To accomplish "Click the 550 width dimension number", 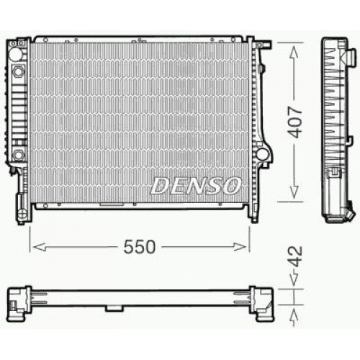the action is point(140,247).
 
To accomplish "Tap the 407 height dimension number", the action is point(294,122).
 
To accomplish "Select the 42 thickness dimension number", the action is point(295,256).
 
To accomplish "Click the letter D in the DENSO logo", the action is point(160,186).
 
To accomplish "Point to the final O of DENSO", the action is point(231,186).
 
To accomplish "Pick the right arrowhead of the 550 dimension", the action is point(240,247).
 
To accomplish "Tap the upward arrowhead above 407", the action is point(294,53).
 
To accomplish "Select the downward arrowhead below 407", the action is point(294,192).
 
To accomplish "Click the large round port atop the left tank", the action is point(15,54).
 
